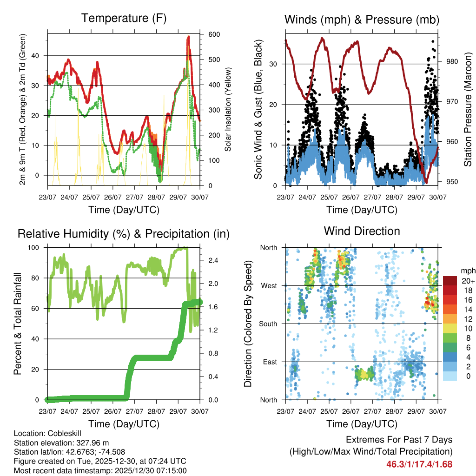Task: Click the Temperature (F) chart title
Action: click(x=124, y=19)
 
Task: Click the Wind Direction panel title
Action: click(x=362, y=231)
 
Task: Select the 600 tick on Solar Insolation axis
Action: click(x=214, y=35)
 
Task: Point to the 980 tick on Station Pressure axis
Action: click(x=452, y=61)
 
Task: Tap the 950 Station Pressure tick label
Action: click(x=452, y=182)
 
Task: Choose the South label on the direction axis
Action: click(x=269, y=324)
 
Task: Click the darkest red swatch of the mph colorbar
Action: click(x=450, y=281)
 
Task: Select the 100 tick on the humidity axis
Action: click(x=36, y=248)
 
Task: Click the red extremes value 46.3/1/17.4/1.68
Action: click(x=419, y=464)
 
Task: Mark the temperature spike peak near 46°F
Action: click(x=188, y=36)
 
